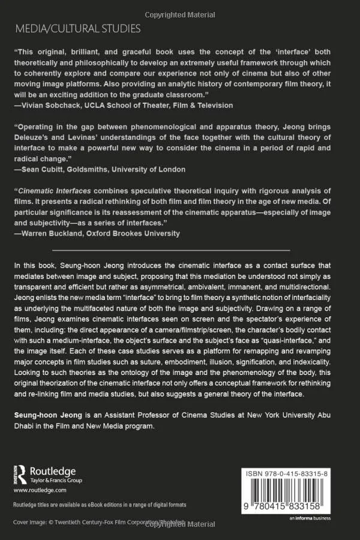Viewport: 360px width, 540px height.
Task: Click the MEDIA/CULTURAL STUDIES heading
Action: pyautogui.click(x=78, y=28)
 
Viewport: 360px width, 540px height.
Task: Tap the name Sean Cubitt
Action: pyautogui.click(x=45, y=169)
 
